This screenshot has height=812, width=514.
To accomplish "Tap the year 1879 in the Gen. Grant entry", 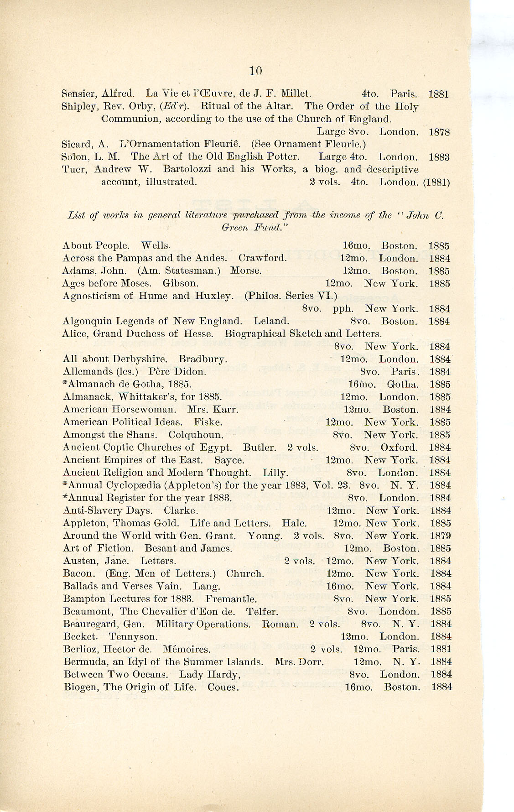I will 440,536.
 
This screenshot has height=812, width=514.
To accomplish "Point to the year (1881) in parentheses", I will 436,182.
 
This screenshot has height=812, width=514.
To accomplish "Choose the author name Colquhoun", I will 196,435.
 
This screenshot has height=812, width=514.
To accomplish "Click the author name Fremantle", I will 231,599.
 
